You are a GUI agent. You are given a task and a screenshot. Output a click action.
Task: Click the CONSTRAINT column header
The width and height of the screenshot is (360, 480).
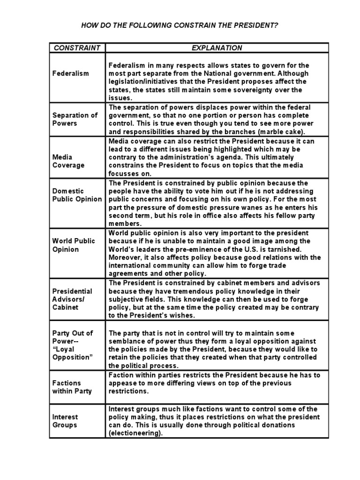point(77,47)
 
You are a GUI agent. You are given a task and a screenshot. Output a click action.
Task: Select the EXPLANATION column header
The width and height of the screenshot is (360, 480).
point(217,47)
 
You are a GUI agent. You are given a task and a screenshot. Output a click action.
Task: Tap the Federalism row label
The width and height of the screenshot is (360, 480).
point(70,74)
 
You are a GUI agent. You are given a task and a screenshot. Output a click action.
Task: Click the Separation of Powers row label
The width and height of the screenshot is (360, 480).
point(75,119)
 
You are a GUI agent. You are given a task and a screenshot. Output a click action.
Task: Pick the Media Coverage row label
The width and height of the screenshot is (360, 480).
point(68,161)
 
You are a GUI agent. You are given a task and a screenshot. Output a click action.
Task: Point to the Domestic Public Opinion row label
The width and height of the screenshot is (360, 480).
point(77,195)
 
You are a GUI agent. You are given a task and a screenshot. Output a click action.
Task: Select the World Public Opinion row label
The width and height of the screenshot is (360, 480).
point(74,245)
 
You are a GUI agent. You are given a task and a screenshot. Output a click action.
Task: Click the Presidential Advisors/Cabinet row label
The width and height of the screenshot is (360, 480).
point(72,299)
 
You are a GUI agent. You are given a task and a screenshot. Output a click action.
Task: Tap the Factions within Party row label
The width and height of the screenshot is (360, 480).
point(72,387)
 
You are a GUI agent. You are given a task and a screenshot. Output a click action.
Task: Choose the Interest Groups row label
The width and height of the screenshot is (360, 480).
point(65,420)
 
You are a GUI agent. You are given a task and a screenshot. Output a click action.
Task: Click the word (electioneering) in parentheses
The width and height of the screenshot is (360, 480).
point(135,434)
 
